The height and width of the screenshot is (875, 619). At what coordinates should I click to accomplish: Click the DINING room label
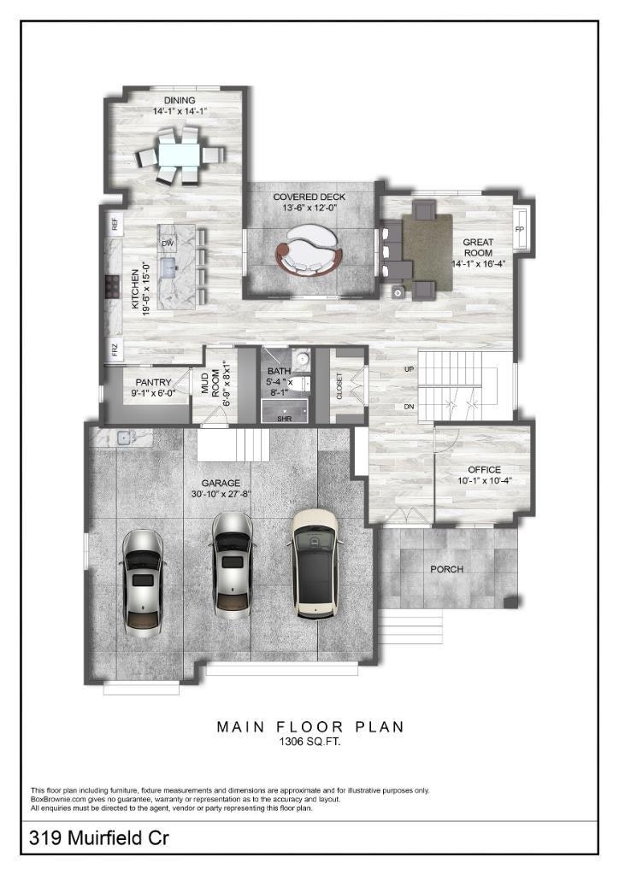180,101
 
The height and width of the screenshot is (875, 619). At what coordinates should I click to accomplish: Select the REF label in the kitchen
115,225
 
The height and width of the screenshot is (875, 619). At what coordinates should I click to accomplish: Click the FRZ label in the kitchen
115,350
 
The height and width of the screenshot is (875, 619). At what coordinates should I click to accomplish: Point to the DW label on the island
168,244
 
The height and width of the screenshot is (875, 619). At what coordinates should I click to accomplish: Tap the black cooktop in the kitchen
112,287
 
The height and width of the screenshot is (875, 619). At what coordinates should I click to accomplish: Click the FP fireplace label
520,229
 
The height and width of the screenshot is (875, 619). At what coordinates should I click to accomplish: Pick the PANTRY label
154,382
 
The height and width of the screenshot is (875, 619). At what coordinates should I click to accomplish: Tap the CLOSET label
339,385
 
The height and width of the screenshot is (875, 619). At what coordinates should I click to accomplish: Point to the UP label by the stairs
410,369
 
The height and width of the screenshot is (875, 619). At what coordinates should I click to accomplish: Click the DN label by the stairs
410,407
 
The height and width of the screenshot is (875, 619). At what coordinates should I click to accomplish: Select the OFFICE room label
485,470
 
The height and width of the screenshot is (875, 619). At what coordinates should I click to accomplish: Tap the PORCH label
446,569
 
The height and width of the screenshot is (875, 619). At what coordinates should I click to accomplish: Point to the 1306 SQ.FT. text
309,743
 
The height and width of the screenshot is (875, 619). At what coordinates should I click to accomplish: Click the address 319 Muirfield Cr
99,837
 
